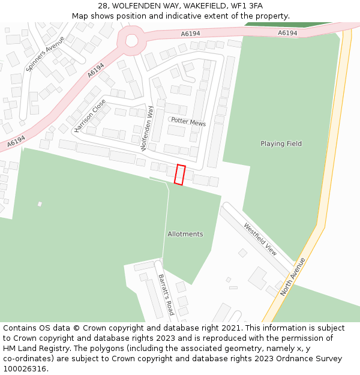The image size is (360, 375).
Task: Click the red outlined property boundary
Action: point(179,175)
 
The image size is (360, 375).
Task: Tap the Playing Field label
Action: point(281,144)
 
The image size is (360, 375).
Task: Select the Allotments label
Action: point(185,234)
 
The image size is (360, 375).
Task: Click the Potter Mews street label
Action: point(188,122)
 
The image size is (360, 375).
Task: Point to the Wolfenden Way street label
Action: point(147,128)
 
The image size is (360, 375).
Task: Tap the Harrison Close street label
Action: point(90,115)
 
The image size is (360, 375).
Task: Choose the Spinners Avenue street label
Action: point(46,54)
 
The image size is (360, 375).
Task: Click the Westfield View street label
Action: point(260,239)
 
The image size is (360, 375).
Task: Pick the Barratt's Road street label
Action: point(166,295)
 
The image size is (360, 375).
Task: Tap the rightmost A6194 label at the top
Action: point(287,33)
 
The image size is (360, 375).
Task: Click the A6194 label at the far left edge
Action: point(16,142)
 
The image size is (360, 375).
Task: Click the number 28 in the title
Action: point(103,5)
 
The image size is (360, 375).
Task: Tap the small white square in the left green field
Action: point(40,204)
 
